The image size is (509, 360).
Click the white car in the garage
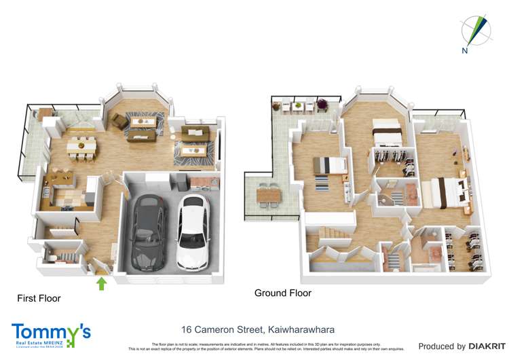(x=192, y=232)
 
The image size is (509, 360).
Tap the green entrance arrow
(x=102, y=283)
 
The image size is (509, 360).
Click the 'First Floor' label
(x=39, y=298)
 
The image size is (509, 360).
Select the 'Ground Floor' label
(x=282, y=293)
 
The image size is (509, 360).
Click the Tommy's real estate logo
(x=51, y=336)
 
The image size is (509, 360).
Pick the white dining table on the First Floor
(x=81, y=145)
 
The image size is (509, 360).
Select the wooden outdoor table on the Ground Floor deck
(x=269, y=195)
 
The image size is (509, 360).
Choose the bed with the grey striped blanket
(x=330, y=166)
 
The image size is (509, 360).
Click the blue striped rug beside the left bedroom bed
(x=320, y=183)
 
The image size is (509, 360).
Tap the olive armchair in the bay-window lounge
(x=119, y=121)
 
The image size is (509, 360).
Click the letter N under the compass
(x=466, y=50)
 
